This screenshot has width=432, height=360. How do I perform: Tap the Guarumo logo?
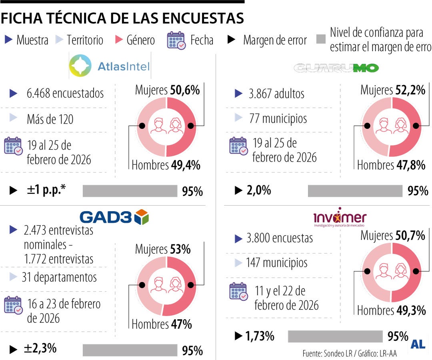point(336,68)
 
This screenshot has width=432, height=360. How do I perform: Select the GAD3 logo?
point(114,217)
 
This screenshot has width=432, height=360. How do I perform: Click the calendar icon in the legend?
point(176,40)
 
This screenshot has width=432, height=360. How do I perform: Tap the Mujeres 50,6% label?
point(167,90)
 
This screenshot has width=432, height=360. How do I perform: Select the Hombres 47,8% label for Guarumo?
point(391,165)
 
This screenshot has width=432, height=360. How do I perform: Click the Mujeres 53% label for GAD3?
point(163,249)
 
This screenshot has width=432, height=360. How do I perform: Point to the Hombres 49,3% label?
point(391,310)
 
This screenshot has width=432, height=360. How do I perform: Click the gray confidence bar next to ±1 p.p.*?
point(130,191)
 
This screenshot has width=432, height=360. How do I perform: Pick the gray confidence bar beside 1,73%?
point(335,336)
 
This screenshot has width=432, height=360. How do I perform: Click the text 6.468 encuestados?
point(65,93)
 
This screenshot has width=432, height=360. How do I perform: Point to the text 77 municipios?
point(278,118)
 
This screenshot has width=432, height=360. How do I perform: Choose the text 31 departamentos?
point(59,277)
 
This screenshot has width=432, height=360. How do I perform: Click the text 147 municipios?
point(277,263)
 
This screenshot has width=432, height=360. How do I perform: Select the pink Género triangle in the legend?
point(119,40)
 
